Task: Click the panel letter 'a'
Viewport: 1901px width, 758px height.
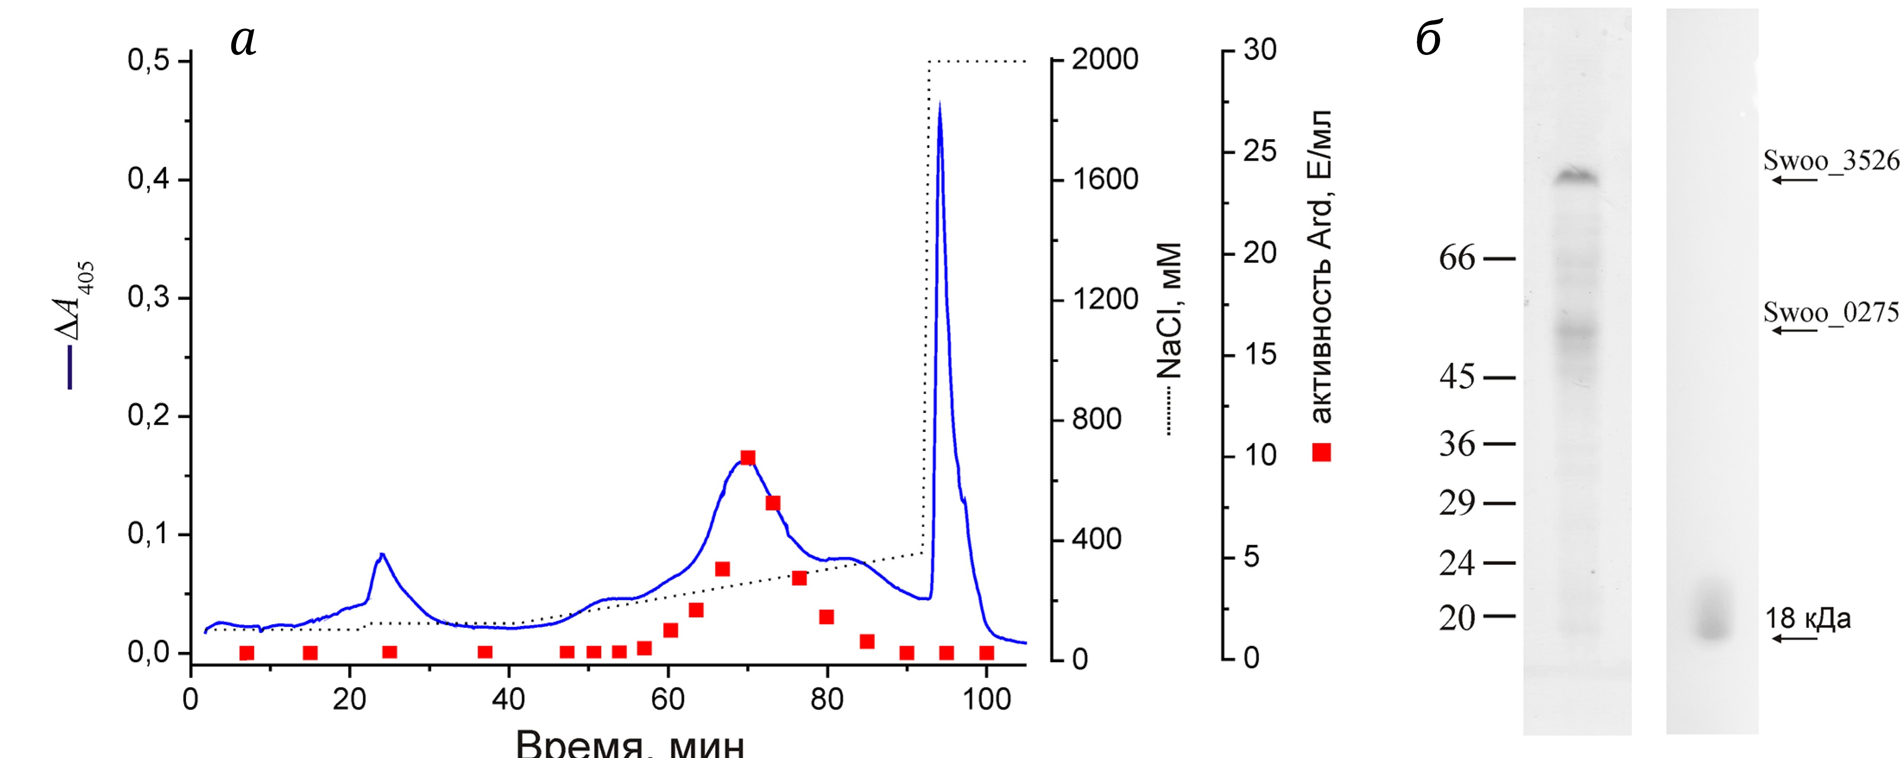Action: click(244, 40)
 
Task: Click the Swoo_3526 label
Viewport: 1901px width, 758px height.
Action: click(1831, 161)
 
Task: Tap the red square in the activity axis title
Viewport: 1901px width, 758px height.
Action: click(1321, 452)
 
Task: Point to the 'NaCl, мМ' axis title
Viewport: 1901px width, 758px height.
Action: click(1170, 310)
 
